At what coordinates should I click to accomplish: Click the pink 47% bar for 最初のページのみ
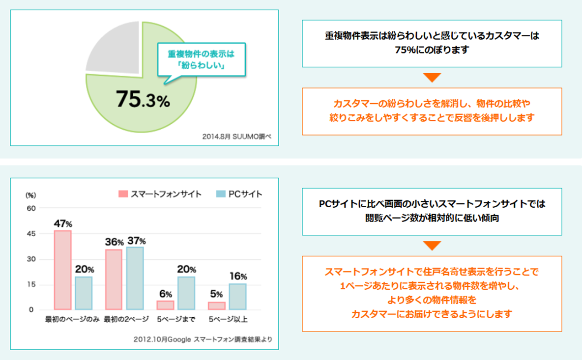click(x=62, y=270)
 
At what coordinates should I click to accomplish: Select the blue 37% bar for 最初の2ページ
click(x=135, y=278)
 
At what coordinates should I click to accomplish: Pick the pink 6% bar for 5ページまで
click(x=166, y=305)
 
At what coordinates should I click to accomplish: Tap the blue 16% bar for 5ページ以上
click(x=237, y=296)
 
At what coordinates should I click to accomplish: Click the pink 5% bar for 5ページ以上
click(x=217, y=305)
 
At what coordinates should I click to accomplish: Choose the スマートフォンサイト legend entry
click(x=160, y=194)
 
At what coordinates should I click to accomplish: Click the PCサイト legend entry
click(x=239, y=194)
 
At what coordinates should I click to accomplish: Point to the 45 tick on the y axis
click(x=31, y=234)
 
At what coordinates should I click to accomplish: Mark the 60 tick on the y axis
click(x=31, y=208)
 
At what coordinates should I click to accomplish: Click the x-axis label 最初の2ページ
click(x=126, y=320)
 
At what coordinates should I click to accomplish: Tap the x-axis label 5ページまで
click(x=176, y=320)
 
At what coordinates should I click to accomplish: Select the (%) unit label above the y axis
click(x=31, y=195)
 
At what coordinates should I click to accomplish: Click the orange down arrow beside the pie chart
click(x=432, y=77)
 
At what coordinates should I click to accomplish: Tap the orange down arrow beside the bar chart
click(x=432, y=246)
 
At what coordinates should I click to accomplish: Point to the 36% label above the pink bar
click(x=114, y=242)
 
